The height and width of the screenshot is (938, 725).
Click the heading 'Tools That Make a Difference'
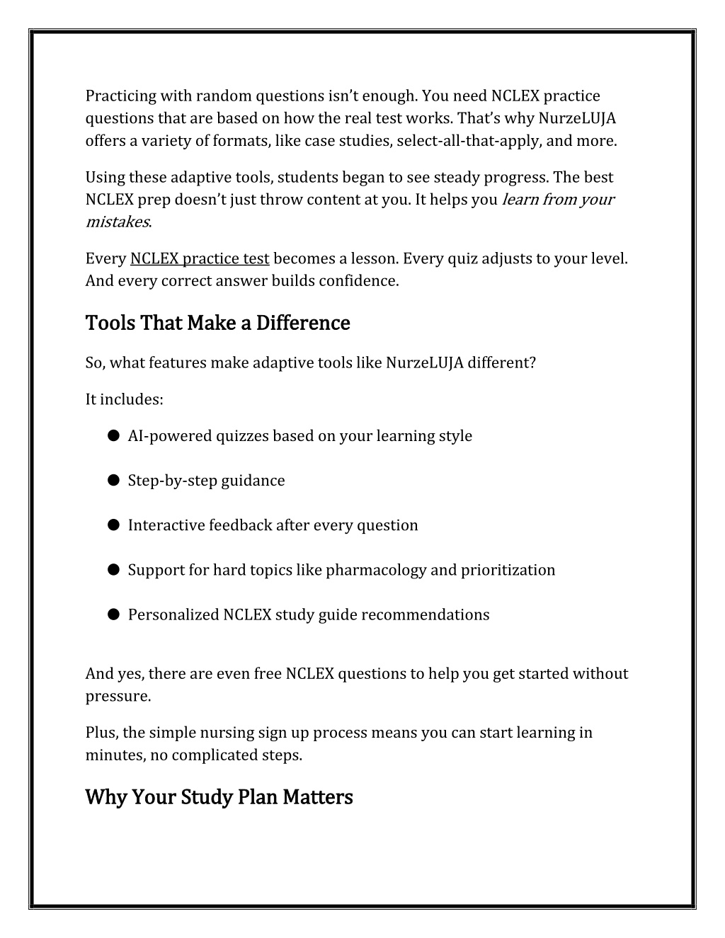point(217,324)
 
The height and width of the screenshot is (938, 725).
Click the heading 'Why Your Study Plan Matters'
point(219,798)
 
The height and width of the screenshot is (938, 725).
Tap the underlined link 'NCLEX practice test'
point(200,258)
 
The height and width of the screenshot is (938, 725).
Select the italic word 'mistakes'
point(117,222)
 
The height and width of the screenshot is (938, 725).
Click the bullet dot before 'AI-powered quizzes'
point(113,436)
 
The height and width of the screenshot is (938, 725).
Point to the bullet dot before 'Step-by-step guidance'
point(113,481)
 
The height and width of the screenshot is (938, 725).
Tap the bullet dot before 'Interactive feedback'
point(113,525)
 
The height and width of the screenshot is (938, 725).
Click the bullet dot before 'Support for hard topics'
point(113,570)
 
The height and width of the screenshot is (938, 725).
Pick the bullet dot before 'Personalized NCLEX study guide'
point(113,614)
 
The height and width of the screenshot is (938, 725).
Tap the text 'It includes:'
point(124,400)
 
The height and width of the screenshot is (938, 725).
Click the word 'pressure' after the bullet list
point(117,697)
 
